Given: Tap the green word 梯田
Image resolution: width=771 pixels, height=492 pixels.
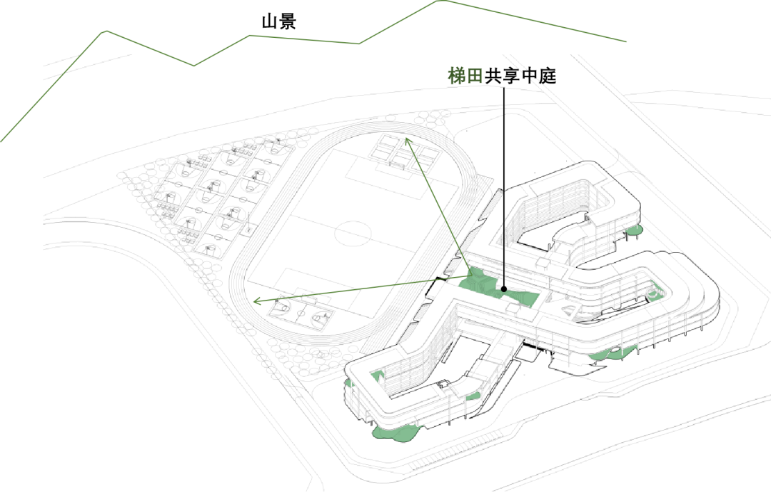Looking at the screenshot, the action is click(465, 76).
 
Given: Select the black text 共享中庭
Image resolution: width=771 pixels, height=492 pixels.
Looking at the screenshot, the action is click(520, 76).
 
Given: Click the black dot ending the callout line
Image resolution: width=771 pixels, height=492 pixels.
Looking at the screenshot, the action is click(504, 290).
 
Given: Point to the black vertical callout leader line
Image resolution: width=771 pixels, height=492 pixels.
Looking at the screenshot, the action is click(504, 187).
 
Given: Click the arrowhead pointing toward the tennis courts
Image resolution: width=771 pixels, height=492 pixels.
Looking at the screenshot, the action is click(408, 141).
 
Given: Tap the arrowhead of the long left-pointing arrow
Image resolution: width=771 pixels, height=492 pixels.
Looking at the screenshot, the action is click(256, 301).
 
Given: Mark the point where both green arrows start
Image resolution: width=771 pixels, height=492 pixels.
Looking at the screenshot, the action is click(471, 278).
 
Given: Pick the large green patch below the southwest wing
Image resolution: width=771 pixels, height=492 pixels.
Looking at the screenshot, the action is click(395, 433).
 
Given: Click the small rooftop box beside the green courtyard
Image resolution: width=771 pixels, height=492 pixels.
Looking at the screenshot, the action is click(513, 309).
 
